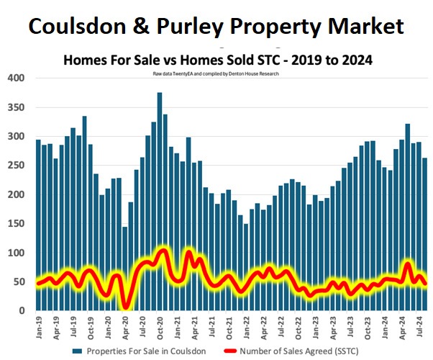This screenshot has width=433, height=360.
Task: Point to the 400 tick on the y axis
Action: click(16, 78)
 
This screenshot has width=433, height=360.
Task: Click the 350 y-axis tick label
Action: click(16, 107)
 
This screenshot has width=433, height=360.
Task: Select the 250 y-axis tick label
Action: click(16, 166)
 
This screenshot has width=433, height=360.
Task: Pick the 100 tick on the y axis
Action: click(16, 253)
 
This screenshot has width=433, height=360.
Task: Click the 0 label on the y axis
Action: click(22, 311)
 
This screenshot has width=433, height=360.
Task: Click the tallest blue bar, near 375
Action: click(160, 202)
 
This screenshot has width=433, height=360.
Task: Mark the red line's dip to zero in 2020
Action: click(126, 307)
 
